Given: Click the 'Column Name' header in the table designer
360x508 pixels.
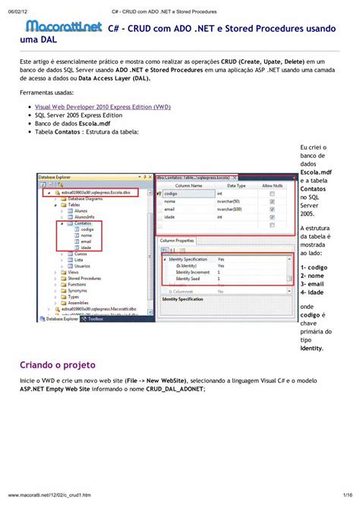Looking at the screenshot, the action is click(x=188, y=185).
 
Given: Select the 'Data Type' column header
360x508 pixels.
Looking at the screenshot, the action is click(x=236, y=185).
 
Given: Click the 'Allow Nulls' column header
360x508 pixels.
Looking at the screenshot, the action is click(x=273, y=185).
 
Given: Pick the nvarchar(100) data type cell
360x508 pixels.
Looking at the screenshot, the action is click(x=231, y=209).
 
